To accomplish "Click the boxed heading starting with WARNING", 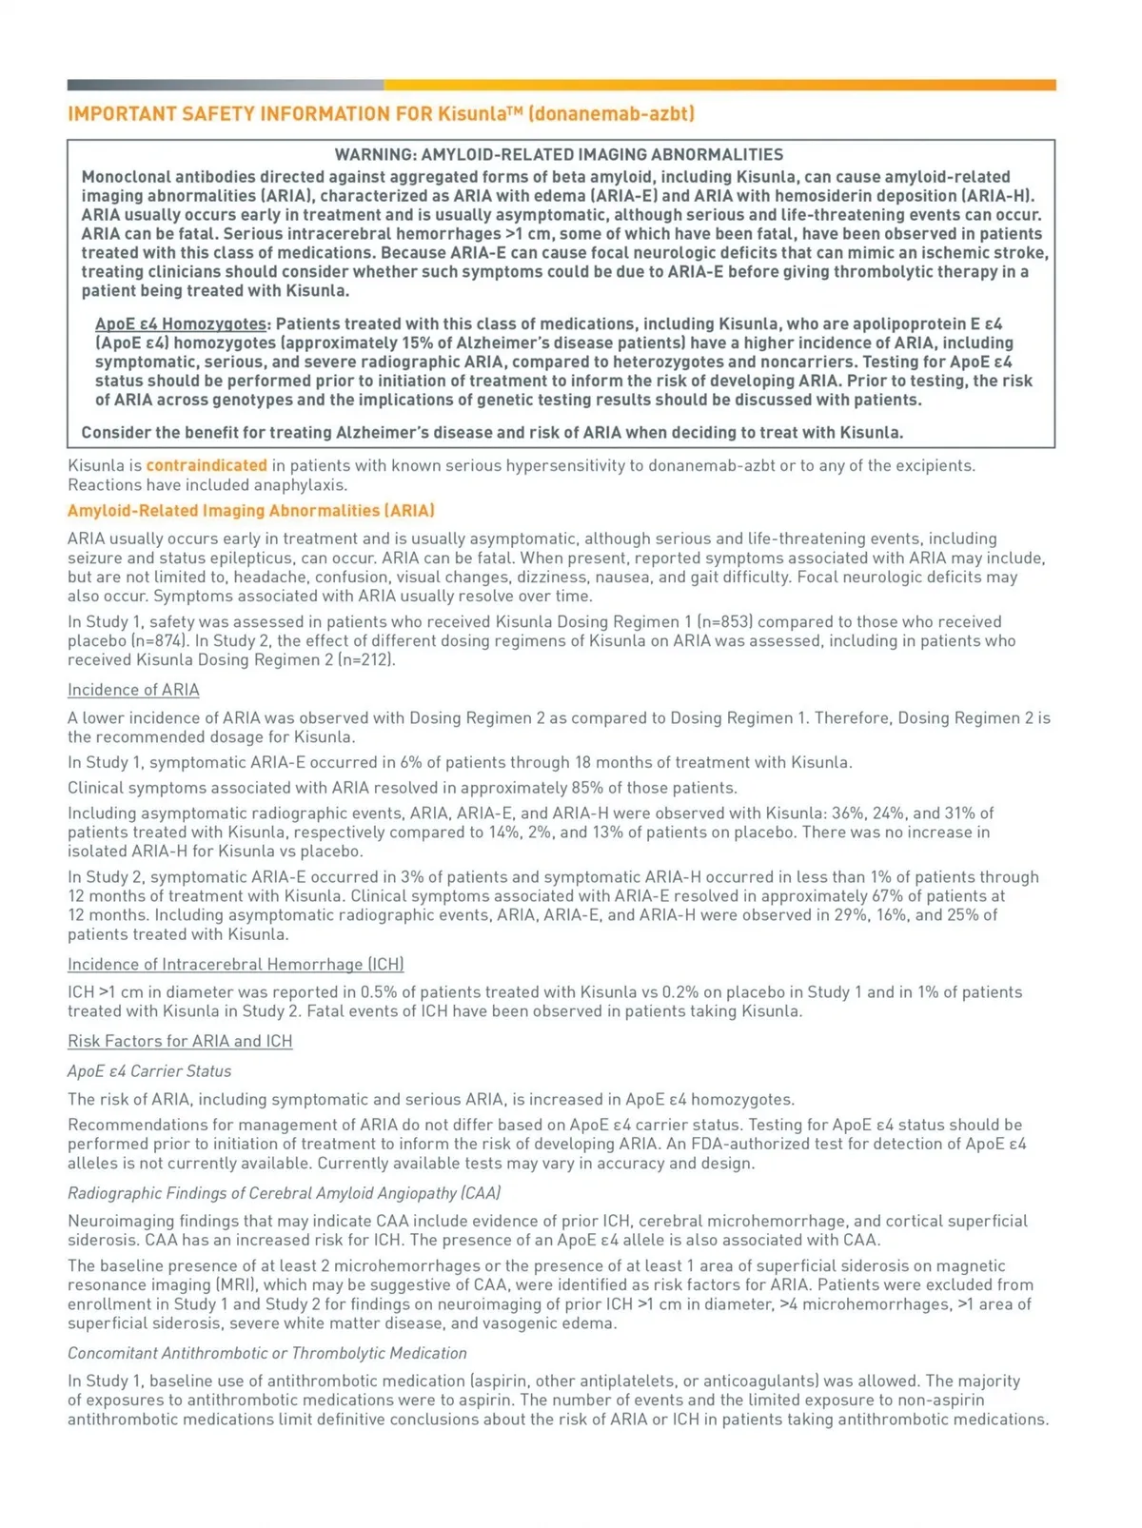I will pos(559,155).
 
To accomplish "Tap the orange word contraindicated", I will pos(207,465).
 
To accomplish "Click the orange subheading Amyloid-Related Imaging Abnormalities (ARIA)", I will pos(251,511).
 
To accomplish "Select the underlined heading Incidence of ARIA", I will pos(133,690).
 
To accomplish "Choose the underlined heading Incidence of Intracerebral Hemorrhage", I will pos(236,965).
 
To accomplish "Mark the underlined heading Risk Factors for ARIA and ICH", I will pos(180,1041).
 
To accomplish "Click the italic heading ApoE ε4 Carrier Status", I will pos(149,1071).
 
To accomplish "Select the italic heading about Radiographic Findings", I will pos(284,1193).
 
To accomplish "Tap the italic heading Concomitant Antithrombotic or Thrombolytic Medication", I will pos(267,1353).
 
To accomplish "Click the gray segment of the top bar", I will pos(226,86).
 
